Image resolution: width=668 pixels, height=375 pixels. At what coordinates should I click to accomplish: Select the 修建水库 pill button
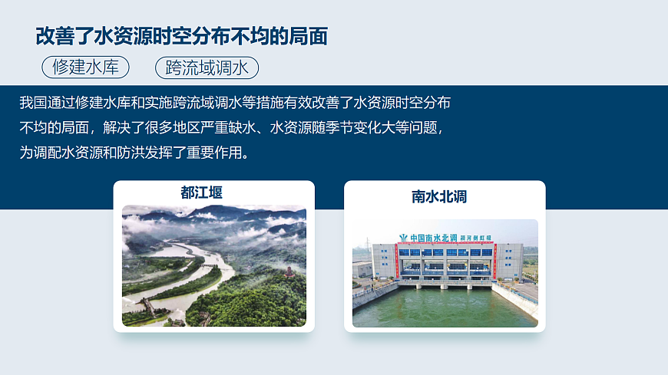click(85, 67)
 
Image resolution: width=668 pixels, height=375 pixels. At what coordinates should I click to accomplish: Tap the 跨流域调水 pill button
click(207, 67)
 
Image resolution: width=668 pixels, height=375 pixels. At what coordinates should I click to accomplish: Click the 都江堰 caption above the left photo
click(202, 192)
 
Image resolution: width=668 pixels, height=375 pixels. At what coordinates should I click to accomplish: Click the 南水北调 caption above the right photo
click(439, 196)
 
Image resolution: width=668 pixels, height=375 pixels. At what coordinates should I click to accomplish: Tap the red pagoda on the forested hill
click(288, 271)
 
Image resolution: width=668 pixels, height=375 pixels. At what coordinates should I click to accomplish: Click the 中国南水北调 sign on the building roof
click(433, 238)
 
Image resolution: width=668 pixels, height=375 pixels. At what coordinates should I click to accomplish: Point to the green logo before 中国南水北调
click(403, 238)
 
